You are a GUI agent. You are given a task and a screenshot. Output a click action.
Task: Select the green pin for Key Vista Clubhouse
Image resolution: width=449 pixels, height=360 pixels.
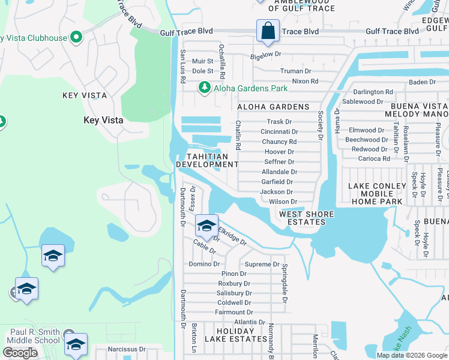tap(76, 38)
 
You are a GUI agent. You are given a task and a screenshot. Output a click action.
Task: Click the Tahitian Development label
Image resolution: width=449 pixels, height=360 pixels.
tap(207, 160)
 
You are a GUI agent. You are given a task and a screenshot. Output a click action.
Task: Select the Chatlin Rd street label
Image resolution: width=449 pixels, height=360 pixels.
tap(238, 135)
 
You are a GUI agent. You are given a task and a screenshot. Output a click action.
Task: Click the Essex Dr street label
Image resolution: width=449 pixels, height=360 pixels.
tap(192, 198)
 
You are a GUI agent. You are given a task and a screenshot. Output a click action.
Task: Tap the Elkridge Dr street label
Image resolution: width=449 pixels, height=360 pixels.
tap(232, 236)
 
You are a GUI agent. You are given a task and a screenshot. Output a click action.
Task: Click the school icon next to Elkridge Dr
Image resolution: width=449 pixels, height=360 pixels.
tap(206, 226)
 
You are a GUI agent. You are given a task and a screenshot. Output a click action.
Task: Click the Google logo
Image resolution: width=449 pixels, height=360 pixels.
tap(20, 353)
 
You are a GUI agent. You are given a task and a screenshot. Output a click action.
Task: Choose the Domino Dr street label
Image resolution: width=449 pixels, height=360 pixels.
tap(205, 264)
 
